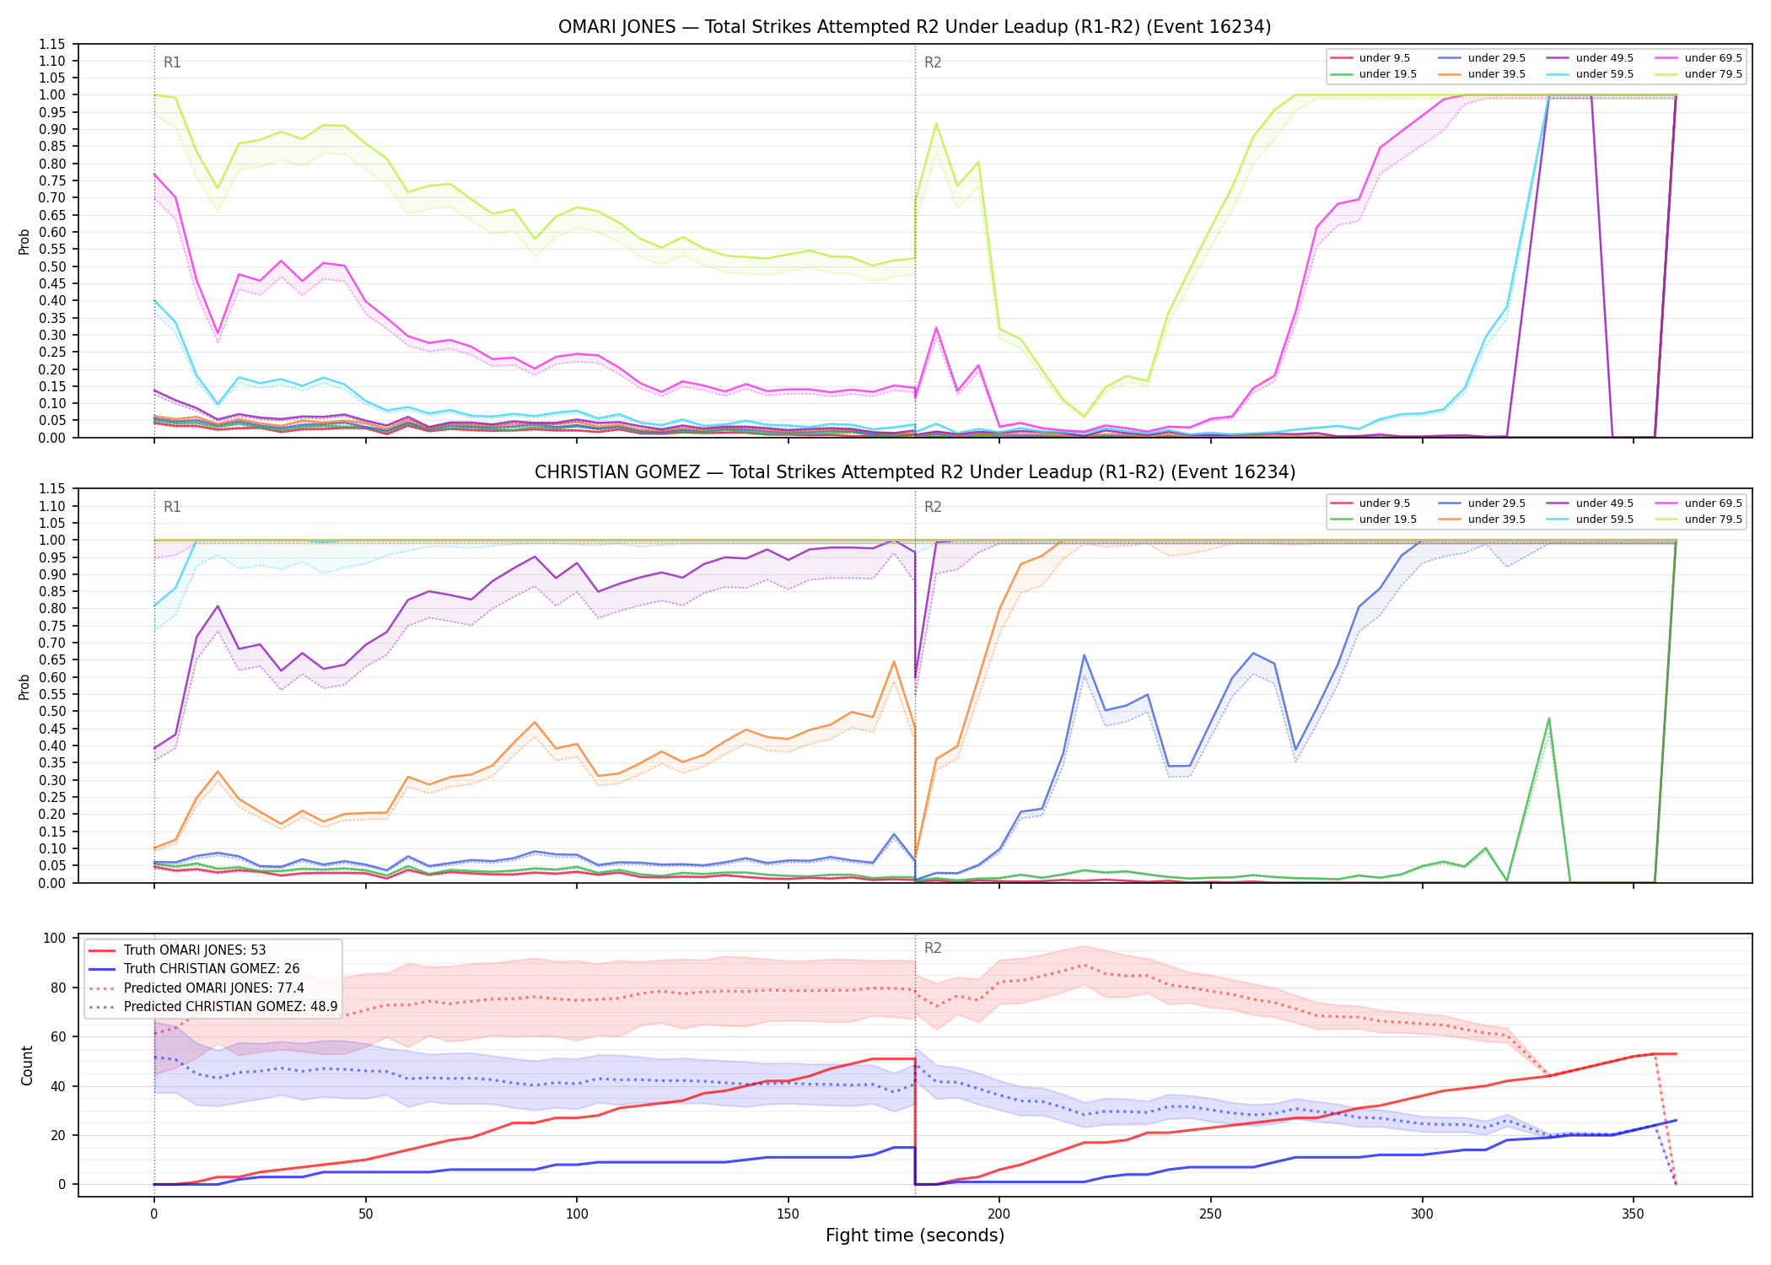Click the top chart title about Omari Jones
click(x=914, y=27)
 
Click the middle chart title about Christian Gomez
click(x=914, y=472)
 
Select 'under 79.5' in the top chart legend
click(x=1713, y=74)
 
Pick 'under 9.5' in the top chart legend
click(x=1384, y=58)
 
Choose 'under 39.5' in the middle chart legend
click(x=1496, y=519)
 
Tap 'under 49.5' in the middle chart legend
click(x=1604, y=503)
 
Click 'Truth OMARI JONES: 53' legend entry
click(x=195, y=950)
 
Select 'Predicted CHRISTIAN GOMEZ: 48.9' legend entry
click(x=230, y=1007)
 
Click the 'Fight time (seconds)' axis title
click(x=915, y=1235)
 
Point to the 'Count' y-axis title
click(x=27, y=1065)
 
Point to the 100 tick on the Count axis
click(x=55, y=939)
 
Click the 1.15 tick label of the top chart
click(x=52, y=44)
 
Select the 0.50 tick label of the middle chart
click(x=52, y=712)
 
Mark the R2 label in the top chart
click(x=933, y=62)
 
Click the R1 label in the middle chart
click(x=172, y=507)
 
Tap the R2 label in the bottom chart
click(x=933, y=948)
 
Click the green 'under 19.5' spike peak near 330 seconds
click(x=1549, y=719)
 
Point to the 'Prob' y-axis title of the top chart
click(x=24, y=241)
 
